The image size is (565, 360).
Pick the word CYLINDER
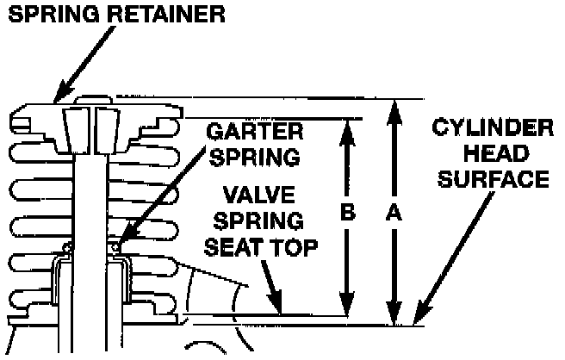[492, 130]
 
